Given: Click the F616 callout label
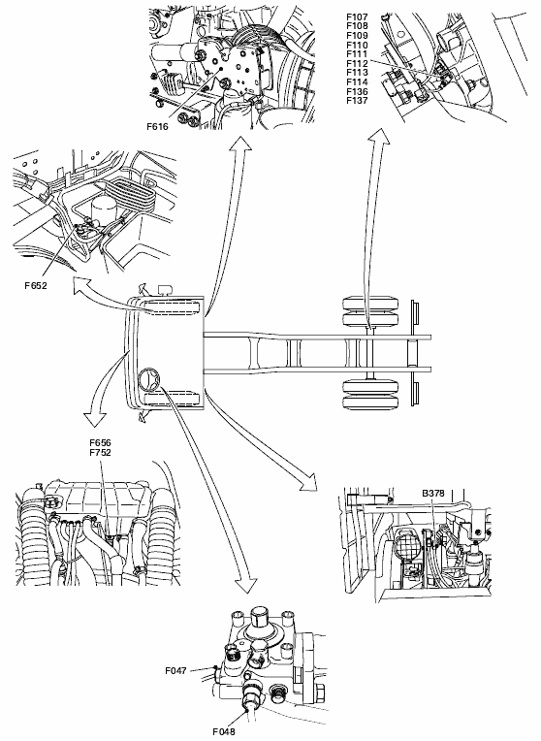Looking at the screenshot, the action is tap(157, 127).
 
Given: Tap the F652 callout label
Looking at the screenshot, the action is tap(36, 285).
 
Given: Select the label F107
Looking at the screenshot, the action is tap(357, 17).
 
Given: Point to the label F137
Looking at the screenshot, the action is tap(357, 100).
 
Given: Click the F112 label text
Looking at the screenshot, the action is tap(357, 63).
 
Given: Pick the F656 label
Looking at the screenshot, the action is tap(100, 443).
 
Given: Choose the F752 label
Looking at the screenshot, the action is tap(100, 452).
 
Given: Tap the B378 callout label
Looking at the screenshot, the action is tap(433, 493).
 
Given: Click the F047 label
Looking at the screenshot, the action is tap(175, 670).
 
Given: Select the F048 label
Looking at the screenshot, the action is tap(224, 732).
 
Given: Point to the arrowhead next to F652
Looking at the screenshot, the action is tap(81, 285).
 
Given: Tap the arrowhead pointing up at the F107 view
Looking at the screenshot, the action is tap(379, 137).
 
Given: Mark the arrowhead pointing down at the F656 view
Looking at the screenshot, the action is tap(95, 419).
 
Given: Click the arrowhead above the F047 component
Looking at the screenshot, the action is tap(245, 584).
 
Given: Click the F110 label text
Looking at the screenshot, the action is tap(357, 45).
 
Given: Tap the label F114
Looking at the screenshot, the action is tap(357, 81).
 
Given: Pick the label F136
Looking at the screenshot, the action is tap(357, 91).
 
